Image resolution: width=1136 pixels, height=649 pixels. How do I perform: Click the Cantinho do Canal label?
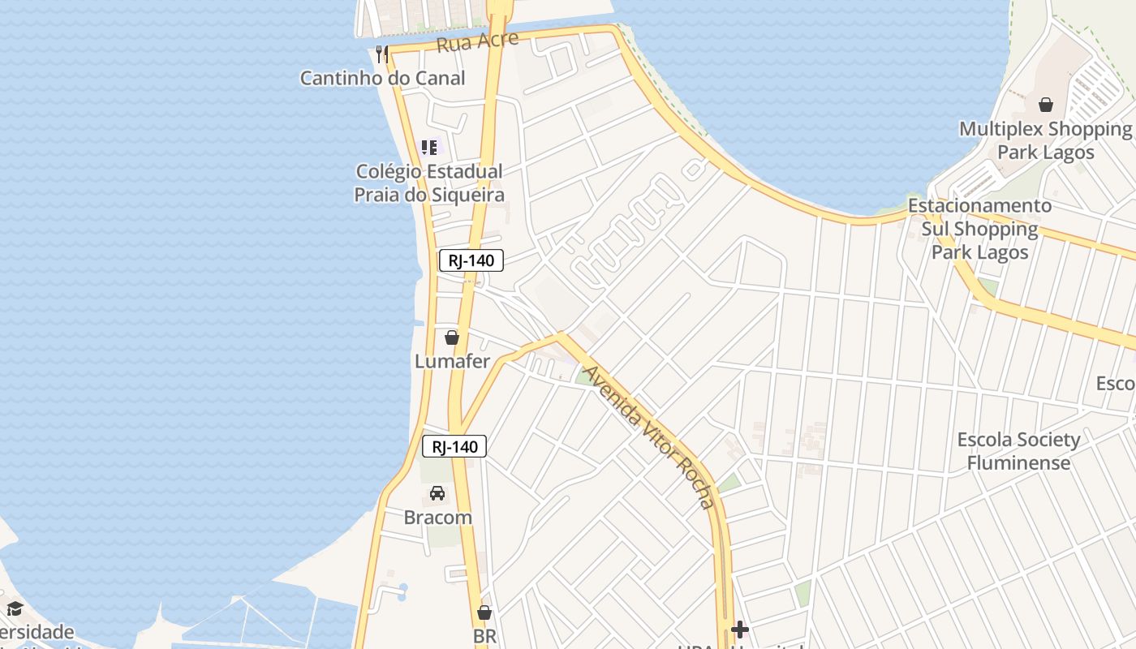click(x=382, y=78)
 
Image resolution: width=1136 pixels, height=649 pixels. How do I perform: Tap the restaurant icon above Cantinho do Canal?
click(x=382, y=54)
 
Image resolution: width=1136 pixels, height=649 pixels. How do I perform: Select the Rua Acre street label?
click(x=477, y=41)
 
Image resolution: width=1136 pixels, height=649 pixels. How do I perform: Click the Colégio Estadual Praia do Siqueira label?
click(x=429, y=183)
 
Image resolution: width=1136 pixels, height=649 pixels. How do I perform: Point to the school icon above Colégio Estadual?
click(x=429, y=148)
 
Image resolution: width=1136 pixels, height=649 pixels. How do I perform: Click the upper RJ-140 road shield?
click(x=471, y=260)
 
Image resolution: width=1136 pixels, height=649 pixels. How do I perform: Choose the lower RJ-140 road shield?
click(x=454, y=446)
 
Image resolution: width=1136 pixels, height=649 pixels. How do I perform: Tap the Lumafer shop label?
click(x=452, y=361)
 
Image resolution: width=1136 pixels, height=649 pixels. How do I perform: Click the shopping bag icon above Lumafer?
click(x=452, y=337)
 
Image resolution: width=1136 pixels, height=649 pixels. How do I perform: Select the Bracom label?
click(x=437, y=517)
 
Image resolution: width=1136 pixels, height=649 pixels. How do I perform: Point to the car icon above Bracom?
click(x=437, y=493)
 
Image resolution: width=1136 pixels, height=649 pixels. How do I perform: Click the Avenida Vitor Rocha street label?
click(x=650, y=436)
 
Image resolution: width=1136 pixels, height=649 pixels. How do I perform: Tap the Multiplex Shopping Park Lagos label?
click(x=1045, y=140)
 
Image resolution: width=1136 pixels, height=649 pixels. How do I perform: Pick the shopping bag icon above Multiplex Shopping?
click(x=1046, y=105)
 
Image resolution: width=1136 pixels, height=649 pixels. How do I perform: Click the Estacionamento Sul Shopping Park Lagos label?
click(x=979, y=229)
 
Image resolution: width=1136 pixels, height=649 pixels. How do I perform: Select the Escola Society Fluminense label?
click(x=1018, y=451)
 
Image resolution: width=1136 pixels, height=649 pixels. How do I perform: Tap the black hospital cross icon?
click(x=739, y=629)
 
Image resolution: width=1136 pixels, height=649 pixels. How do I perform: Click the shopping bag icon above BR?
click(x=484, y=612)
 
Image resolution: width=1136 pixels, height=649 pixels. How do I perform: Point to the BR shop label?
click(x=484, y=636)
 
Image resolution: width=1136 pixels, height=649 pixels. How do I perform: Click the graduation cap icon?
click(x=15, y=608)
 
